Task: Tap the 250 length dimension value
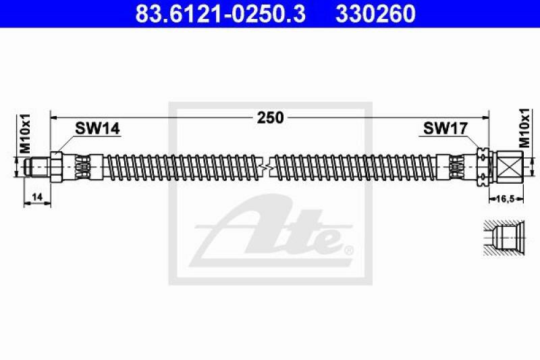click(270, 118)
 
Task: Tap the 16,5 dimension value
click(506, 200)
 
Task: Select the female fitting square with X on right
click(508, 165)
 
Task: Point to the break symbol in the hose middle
click(270, 165)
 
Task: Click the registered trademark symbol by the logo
click(348, 251)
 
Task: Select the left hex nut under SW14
click(58, 165)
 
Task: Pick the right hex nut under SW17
click(483, 165)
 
